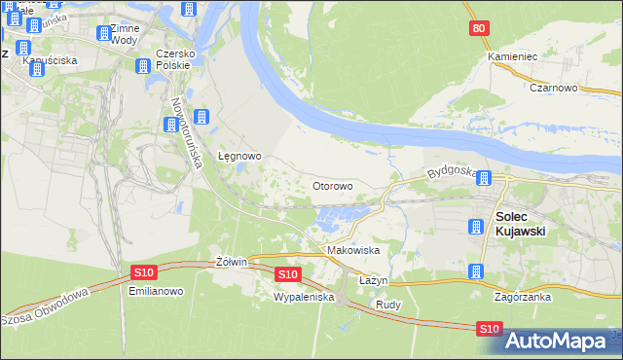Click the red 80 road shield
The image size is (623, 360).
pos(477,29)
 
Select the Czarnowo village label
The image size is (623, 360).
pos(556,87)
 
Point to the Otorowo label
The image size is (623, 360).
pos(332,185)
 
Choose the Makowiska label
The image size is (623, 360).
pos(352,250)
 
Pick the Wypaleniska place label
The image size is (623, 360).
pos(304,296)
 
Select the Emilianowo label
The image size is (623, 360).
pos(149,290)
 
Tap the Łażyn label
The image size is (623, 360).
pos(373,280)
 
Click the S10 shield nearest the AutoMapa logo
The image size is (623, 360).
pos(491,331)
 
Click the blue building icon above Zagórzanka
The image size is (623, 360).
pos(476,272)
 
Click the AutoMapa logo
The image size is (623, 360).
pos(562,342)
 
